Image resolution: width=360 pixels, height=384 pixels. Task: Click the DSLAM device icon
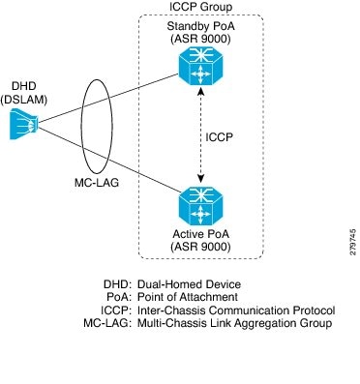24,124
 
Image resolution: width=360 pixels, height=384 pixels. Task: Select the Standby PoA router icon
200,66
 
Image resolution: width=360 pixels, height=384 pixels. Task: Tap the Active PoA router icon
200,206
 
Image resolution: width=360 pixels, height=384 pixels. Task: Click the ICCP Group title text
200,7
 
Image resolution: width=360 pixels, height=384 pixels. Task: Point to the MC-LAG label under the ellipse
97,183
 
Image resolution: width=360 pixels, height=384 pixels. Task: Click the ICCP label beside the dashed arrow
219,137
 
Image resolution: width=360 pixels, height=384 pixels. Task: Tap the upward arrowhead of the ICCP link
201,91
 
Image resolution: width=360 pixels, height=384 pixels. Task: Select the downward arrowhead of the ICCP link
201,179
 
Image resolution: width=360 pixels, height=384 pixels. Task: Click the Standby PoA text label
200,26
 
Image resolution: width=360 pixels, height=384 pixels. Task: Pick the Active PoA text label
200,234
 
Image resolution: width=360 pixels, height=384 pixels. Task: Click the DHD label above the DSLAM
24,86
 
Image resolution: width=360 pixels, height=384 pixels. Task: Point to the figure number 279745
352,242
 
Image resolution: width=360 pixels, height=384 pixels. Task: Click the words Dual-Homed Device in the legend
189,284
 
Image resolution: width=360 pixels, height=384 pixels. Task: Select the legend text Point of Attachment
188,297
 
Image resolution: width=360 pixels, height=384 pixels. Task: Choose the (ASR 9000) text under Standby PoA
200,39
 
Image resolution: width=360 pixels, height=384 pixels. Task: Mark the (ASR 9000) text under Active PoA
200,247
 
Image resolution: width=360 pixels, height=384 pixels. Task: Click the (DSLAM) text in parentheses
24,100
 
